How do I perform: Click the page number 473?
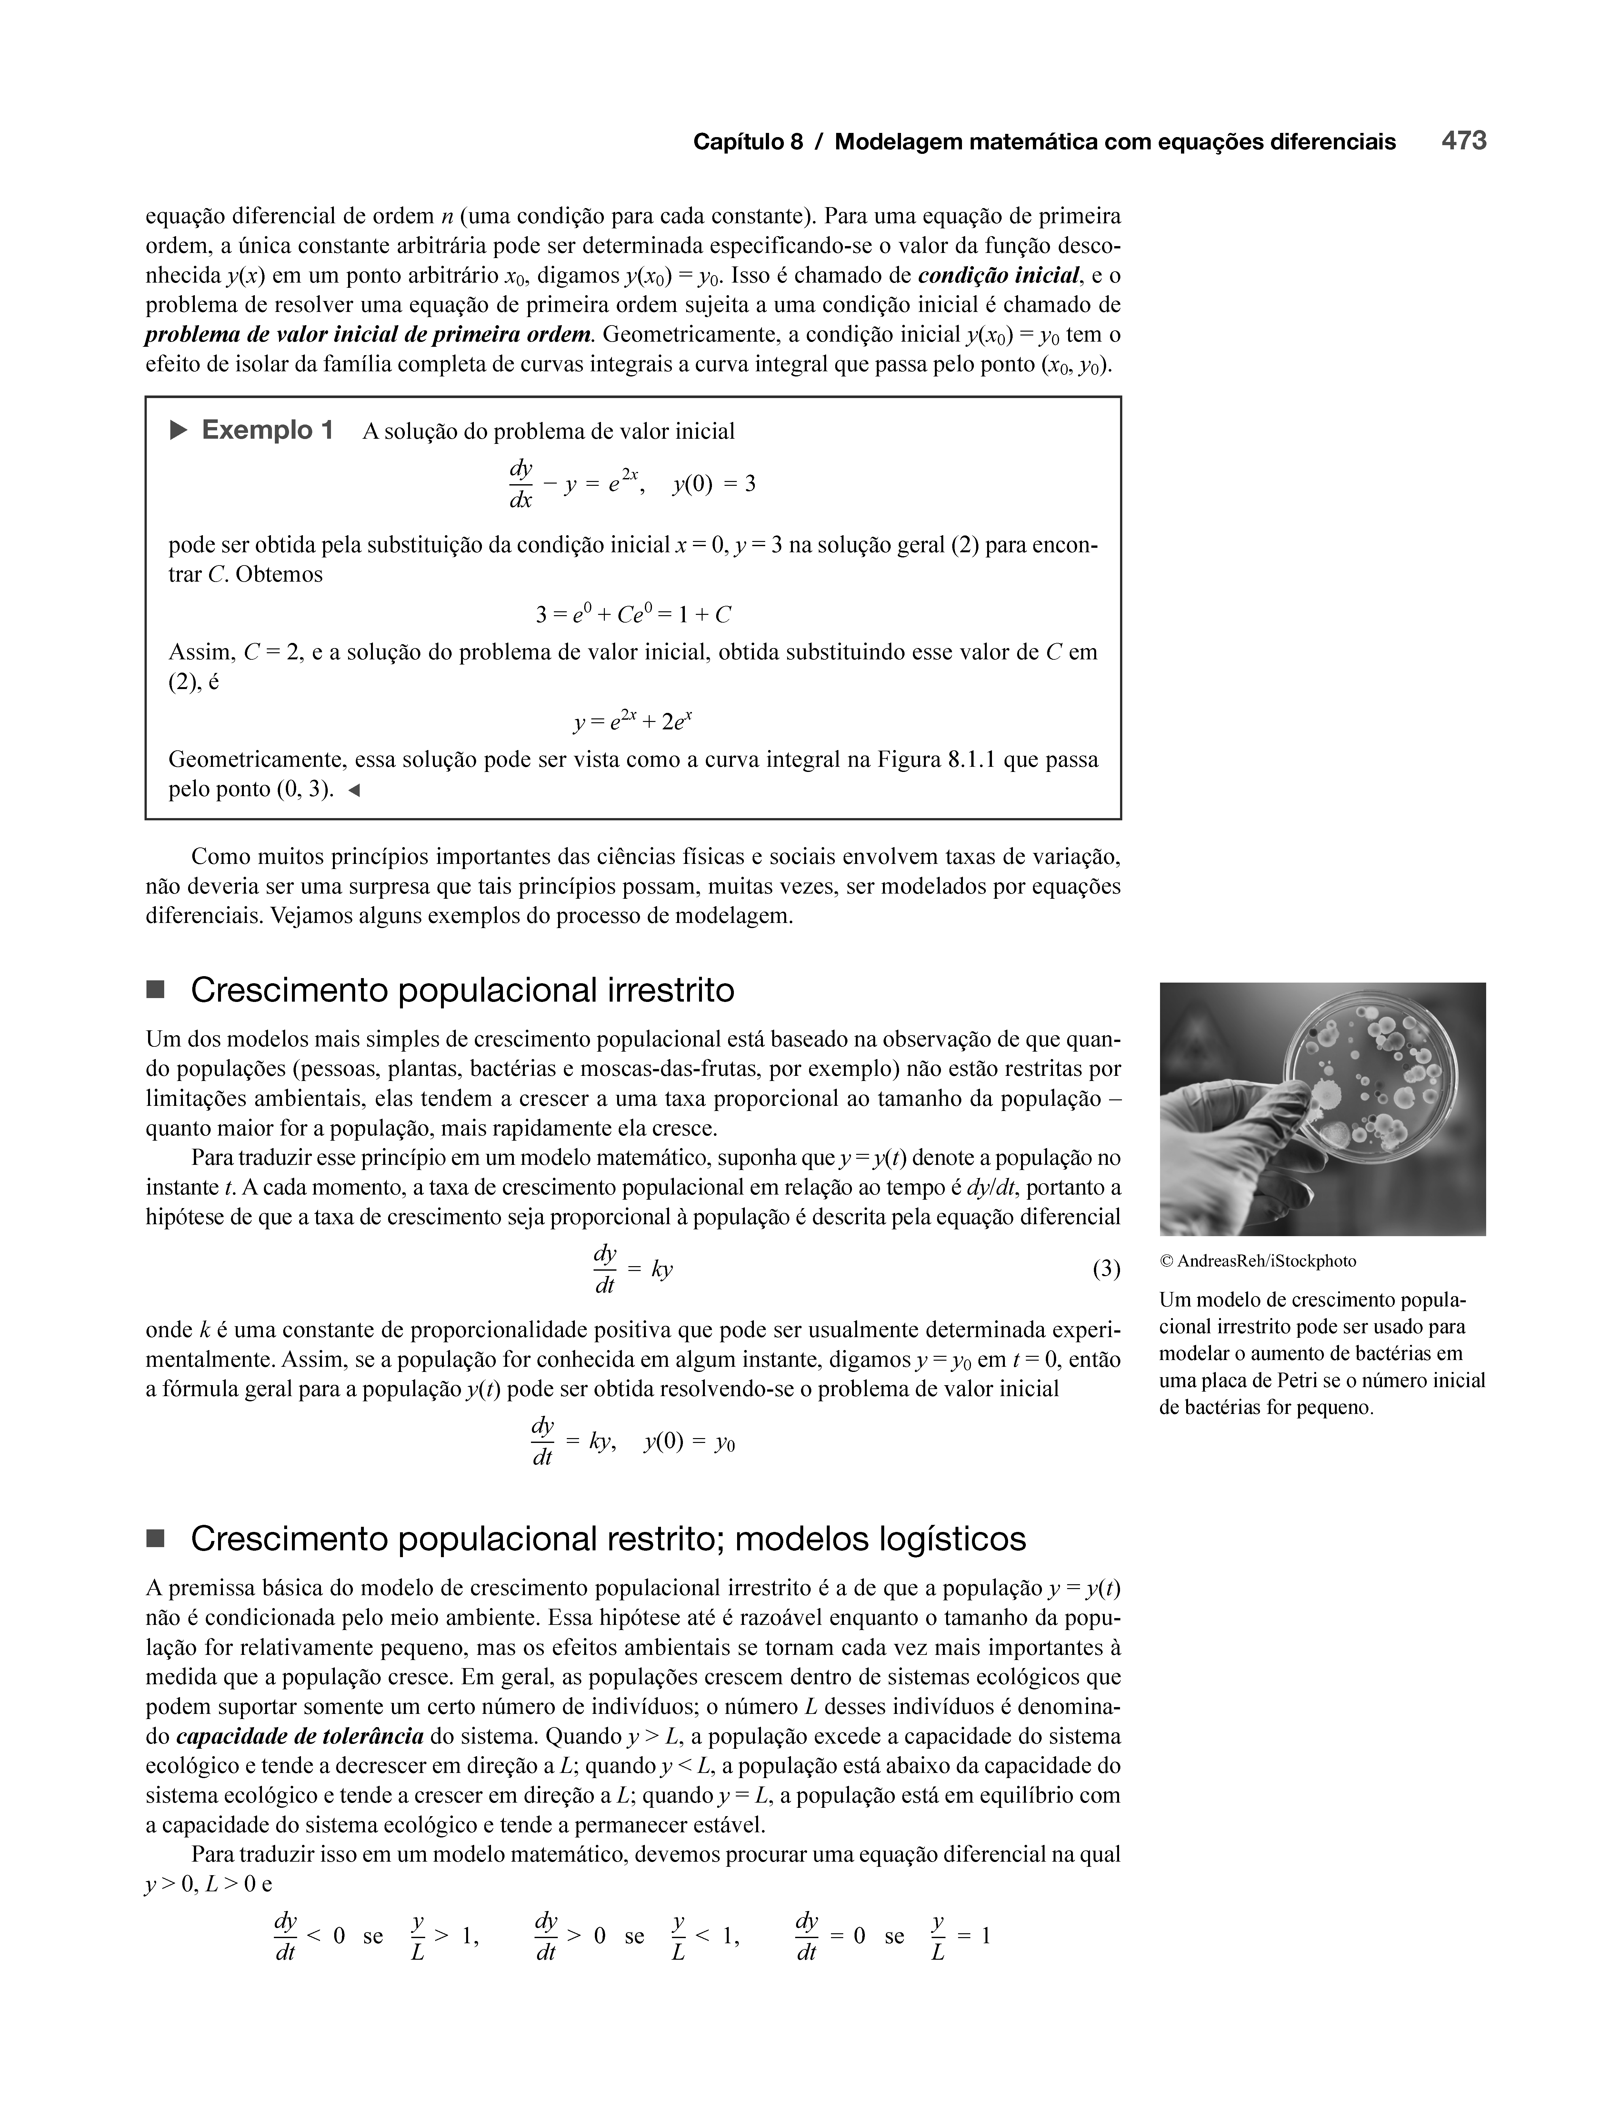(x=1464, y=141)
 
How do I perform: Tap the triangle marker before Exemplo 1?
(x=178, y=431)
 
